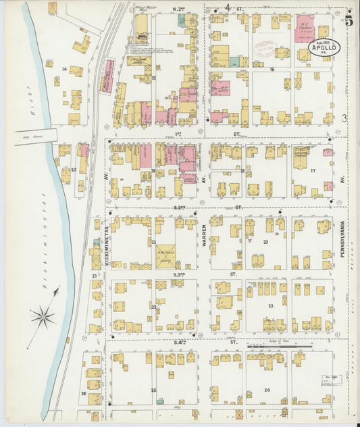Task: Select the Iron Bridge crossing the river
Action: [34, 135]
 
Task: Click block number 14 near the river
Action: [64, 69]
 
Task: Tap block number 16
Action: [272, 70]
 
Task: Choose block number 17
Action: [313, 171]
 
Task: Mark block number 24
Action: [267, 391]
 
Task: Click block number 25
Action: [153, 391]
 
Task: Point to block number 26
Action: [84, 393]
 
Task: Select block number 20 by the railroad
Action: [73, 170]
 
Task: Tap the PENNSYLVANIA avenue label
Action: [342, 243]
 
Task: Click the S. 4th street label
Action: [179, 343]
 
